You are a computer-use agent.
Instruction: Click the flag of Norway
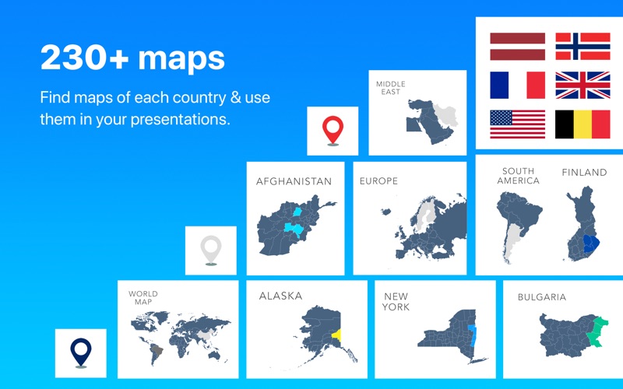[x=583, y=47]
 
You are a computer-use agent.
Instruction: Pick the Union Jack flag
[x=583, y=85]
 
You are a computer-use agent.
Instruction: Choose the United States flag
[x=517, y=124]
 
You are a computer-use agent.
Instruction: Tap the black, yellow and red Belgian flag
[x=583, y=124]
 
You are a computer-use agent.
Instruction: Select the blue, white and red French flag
[x=517, y=85]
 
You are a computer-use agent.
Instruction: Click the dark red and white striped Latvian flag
[x=517, y=47]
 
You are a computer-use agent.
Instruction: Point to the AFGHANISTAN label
[x=294, y=181]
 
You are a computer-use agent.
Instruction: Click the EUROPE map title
[x=378, y=181]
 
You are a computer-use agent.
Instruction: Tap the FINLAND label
[x=584, y=172]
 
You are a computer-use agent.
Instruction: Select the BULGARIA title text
[x=542, y=297]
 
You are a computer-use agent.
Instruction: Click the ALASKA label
[x=280, y=296]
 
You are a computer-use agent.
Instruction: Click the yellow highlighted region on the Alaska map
[x=337, y=335]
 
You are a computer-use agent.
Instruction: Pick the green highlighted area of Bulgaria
[x=597, y=331]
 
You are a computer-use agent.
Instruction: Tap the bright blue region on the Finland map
[x=591, y=243]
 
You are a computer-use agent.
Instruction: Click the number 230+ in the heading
[x=84, y=58]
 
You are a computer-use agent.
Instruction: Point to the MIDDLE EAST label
[x=391, y=88]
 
